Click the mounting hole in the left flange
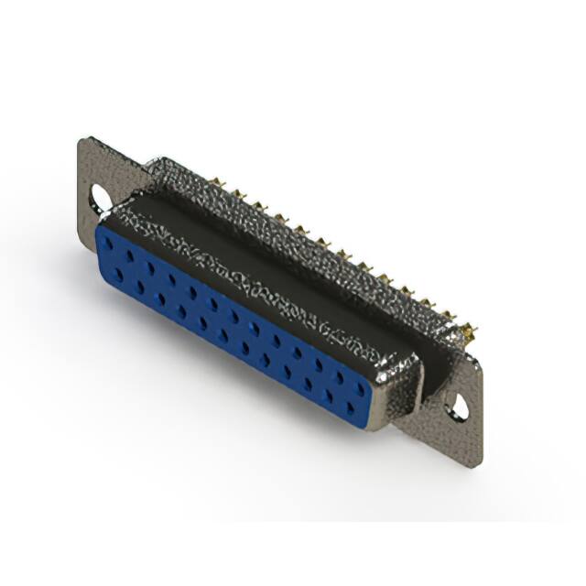(x=99, y=195)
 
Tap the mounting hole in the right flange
(x=456, y=407)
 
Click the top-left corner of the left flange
(x=82, y=139)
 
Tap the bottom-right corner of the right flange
(x=478, y=465)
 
